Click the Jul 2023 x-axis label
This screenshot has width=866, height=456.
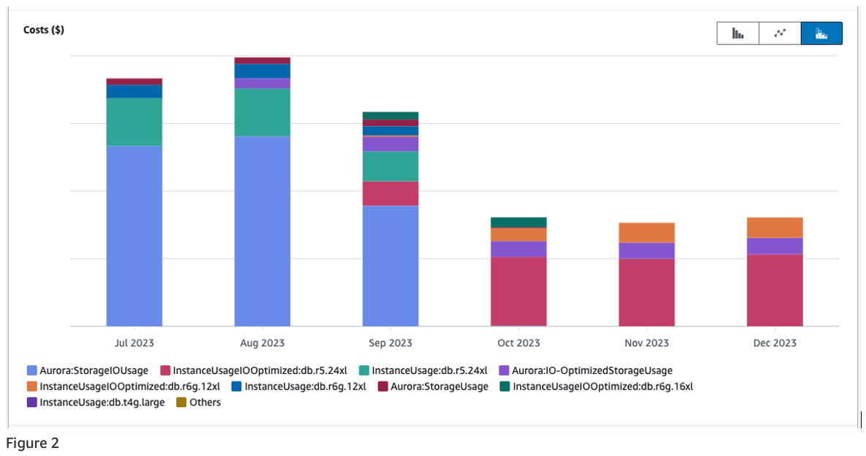(135, 343)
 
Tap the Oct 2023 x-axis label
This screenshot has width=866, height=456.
(519, 343)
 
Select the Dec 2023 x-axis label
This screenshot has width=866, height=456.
(775, 343)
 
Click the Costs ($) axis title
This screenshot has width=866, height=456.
(44, 30)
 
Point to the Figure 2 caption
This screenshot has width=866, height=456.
(32, 443)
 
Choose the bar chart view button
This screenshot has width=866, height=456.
(738, 34)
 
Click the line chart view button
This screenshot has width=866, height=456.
(780, 34)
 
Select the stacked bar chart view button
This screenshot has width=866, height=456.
(821, 34)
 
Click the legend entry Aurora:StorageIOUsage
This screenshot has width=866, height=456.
(94, 370)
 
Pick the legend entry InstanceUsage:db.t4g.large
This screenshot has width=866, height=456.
(102, 402)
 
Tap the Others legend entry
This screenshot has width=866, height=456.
(205, 402)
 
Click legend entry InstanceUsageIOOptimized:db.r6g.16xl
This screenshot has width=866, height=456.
(603, 386)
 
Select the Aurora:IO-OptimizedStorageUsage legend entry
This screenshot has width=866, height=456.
(592, 370)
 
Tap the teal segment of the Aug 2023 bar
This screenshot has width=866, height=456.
(263, 112)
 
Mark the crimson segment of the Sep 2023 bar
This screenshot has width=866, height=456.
(391, 193)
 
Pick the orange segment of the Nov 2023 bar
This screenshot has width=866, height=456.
(647, 233)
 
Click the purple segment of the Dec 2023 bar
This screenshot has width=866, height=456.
(775, 246)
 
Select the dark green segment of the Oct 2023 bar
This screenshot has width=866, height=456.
(519, 223)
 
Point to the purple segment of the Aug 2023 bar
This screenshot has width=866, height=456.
(263, 83)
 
